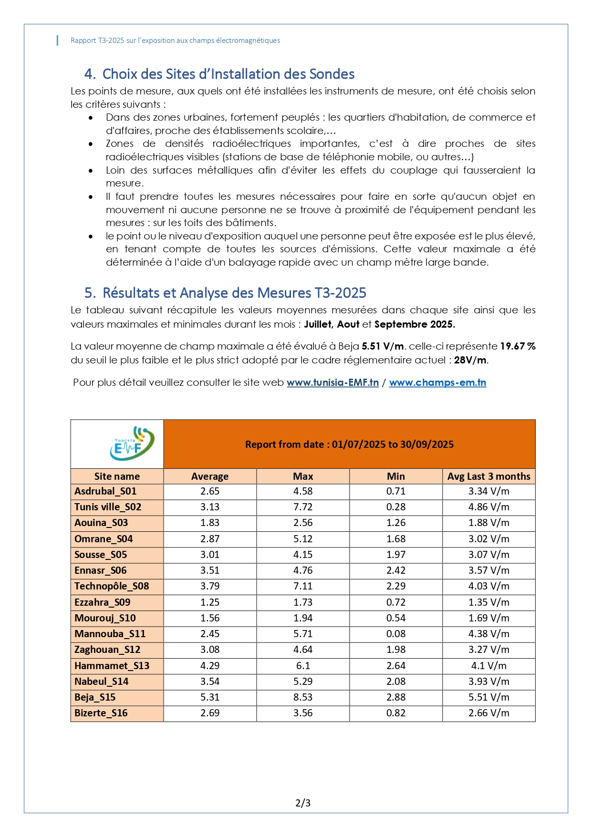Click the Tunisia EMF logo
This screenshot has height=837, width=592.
(x=132, y=444)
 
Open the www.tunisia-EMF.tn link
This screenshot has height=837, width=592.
(x=332, y=382)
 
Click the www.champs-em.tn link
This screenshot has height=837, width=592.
(x=437, y=382)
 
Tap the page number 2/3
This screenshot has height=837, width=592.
(x=303, y=803)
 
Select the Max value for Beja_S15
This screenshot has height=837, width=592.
(x=303, y=697)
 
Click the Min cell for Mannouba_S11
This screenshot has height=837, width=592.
(x=395, y=634)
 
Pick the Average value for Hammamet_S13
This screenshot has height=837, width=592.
(x=210, y=666)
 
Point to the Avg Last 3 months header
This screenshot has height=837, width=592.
(x=488, y=476)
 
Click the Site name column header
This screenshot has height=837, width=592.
(x=117, y=476)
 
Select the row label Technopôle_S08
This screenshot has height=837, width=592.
(x=112, y=586)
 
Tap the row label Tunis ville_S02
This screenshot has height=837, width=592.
(x=108, y=507)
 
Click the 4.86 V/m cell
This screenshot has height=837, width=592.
(x=488, y=507)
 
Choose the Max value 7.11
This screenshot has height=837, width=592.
(x=303, y=586)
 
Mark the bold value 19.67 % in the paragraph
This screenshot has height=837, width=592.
(x=518, y=346)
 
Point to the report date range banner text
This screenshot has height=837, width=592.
(x=349, y=444)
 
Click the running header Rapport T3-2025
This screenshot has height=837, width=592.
(x=175, y=41)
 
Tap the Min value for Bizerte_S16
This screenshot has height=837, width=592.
(x=395, y=713)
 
